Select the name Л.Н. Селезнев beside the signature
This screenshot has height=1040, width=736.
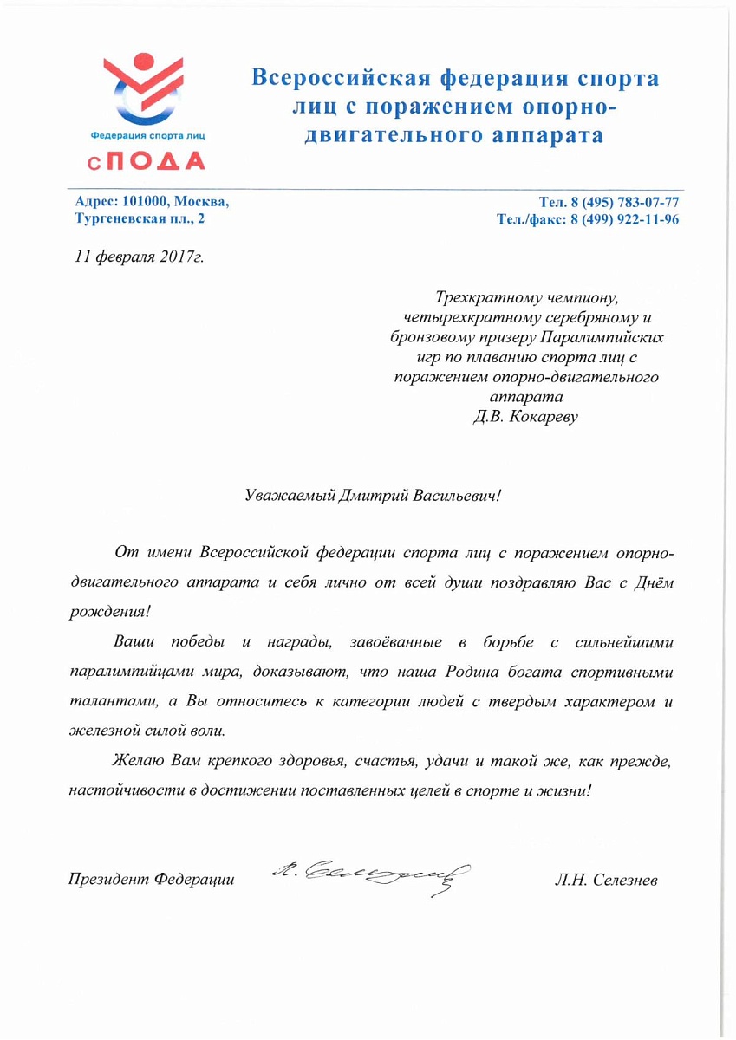click(606, 881)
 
